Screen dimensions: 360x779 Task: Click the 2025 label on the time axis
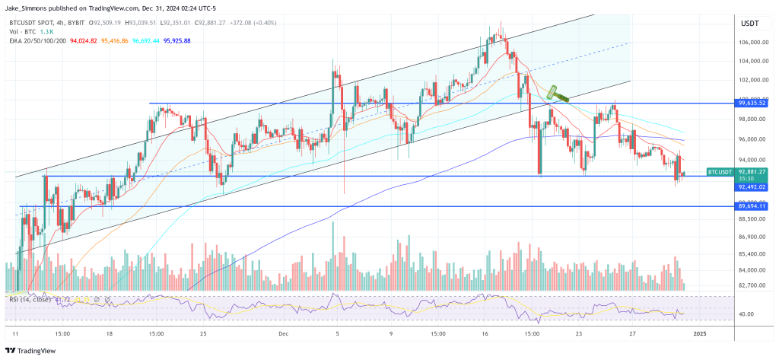(x=700, y=333)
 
